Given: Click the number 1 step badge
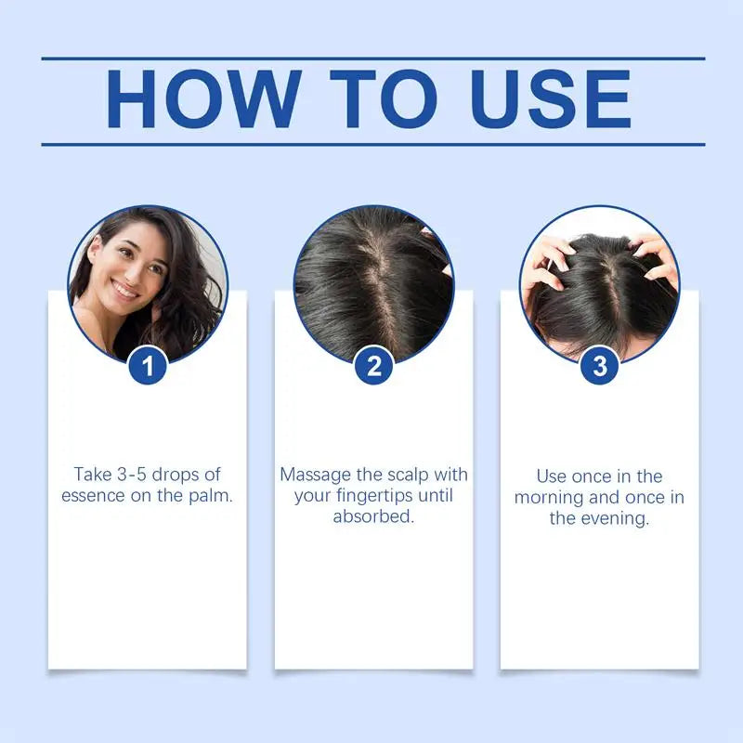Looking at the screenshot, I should point(148,366).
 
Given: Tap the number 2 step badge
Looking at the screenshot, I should point(373,366).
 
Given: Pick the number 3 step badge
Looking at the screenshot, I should point(599,366).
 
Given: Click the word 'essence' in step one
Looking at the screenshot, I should point(94,496).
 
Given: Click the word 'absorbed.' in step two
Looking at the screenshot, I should point(373,516).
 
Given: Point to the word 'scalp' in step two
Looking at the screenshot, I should point(409,475).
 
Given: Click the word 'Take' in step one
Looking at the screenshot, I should point(92,476).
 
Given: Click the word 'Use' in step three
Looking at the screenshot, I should point(552,476).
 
